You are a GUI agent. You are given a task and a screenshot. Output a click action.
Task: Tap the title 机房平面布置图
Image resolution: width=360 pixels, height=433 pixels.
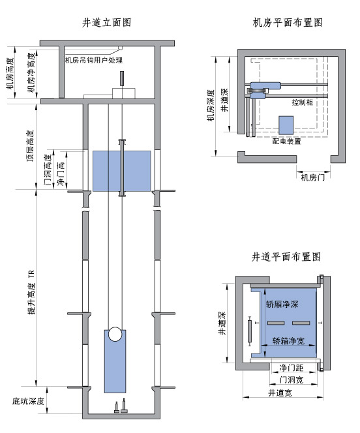[x=288, y=22]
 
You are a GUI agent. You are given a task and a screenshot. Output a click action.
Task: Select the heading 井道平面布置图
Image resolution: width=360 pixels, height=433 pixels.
[x=286, y=257]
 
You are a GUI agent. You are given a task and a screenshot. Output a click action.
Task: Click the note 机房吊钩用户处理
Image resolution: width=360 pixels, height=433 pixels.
[x=95, y=61]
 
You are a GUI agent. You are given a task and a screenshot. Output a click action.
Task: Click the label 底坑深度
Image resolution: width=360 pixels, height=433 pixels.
[x=28, y=401]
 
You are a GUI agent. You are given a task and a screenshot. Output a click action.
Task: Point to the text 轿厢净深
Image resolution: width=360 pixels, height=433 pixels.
[x=282, y=303]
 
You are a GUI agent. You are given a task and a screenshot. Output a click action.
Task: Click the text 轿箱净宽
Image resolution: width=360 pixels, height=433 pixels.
[x=288, y=340]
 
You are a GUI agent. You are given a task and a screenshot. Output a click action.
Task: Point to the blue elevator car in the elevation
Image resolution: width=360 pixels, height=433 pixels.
[x=121, y=171]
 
